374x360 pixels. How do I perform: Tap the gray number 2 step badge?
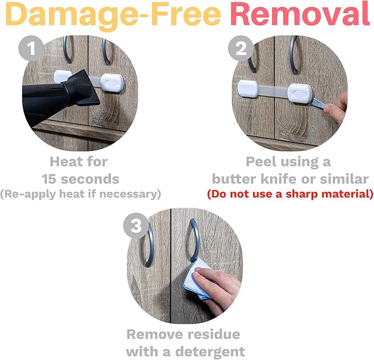pyautogui.click(x=240, y=50)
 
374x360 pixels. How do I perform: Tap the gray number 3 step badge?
pyautogui.click(x=135, y=225)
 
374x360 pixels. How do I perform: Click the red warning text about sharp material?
pyautogui.click(x=290, y=194)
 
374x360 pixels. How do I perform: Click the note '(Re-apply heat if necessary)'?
pyautogui.click(x=80, y=194)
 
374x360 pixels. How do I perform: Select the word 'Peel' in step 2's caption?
pyautogui.click(x=262, y=162)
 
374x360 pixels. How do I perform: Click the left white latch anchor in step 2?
pyautogui.click(x=247, y=87)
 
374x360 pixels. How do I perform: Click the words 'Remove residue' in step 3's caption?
pyautogui.click(x=183, y=334)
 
